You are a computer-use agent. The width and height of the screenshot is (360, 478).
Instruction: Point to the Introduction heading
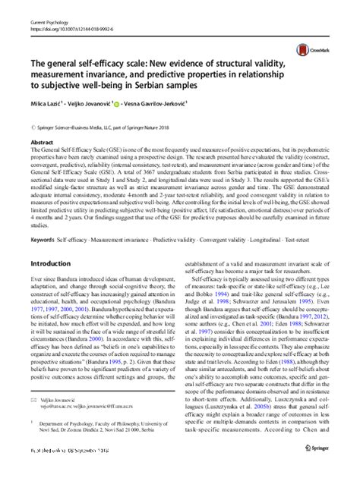[x=54, y=264]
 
